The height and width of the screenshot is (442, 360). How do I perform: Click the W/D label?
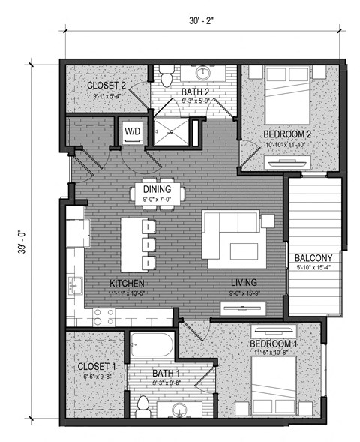coord(133,131)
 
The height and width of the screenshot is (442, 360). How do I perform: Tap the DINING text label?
coord(157,189)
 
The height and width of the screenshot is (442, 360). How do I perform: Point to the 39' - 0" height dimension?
coord(22,245)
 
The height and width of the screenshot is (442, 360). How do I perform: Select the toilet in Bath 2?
coord(166,75)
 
